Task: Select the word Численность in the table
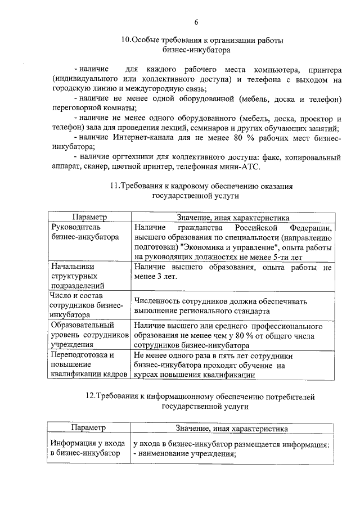point(156,301)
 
